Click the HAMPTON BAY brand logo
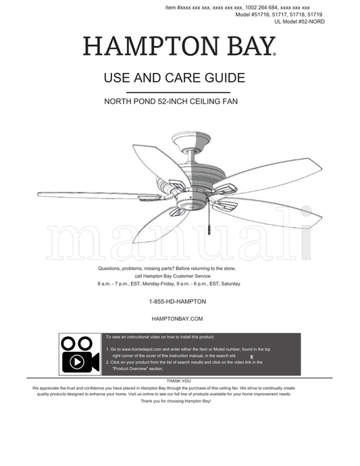[179, 46]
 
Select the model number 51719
[315, 14]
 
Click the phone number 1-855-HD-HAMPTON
[178, 301]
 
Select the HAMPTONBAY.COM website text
[177, 319]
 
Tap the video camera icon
[80, 355]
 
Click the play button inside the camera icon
[77, 362]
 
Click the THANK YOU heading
[178, 381]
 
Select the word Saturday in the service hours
[231, 284]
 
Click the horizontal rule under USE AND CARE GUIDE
[178, 93]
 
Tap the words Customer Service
[192, 276]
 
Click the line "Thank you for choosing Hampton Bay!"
[176, 401]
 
